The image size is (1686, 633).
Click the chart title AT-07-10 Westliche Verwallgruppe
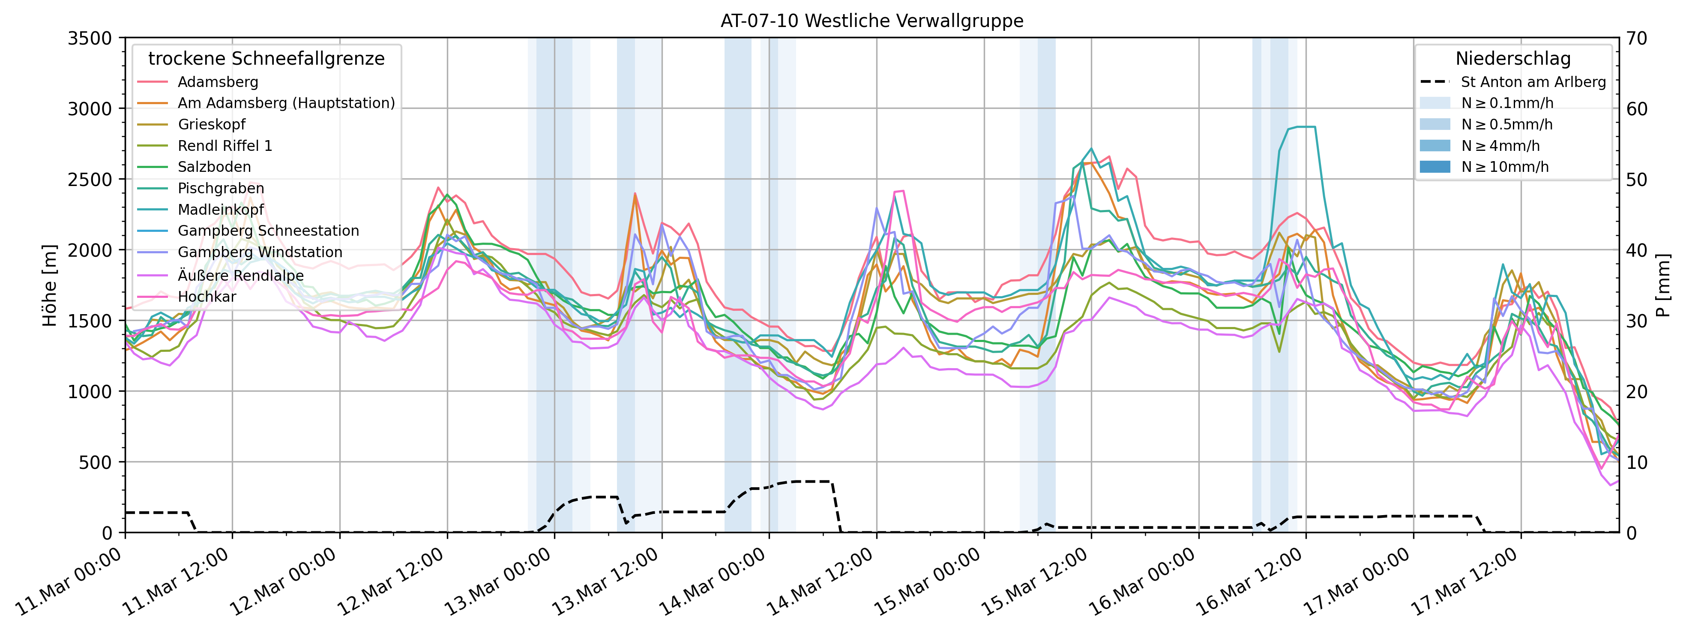point(872,21)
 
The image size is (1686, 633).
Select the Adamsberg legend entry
point(218,82)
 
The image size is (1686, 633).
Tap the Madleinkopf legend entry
point(221,210)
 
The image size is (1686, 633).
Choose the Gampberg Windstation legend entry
point(260,252)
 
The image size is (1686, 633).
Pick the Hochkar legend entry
point(207,297)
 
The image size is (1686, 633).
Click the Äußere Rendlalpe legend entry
point(240,276)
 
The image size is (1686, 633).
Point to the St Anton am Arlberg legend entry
point(1533,82)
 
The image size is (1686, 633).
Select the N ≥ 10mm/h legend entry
point(1505,167)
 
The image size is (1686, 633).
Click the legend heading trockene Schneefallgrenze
point(267,59)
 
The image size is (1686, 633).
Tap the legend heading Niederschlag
point(1512,59)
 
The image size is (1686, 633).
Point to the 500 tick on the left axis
point(98,462)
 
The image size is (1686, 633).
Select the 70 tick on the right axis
point(1638,39)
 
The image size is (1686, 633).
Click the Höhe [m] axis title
point(50,285)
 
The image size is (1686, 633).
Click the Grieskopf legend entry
point(211,124)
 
